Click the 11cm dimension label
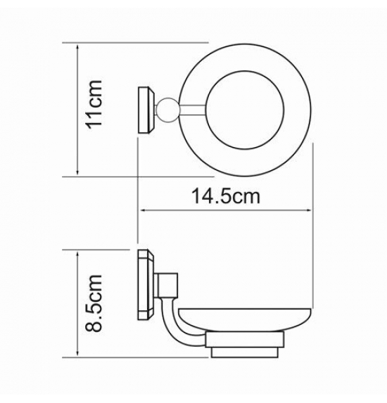click(x=94, y=105)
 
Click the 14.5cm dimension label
click(x=226, y=196)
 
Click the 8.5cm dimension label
click(x=94, y=303)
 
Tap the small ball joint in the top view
click(x=168, y=110)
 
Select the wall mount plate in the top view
click(x=147, y=110)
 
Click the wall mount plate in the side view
click(x=146, y=285)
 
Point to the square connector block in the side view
click(x=167, y=285)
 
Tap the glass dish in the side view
click(x=245, y=319)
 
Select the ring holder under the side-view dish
click(x=245, y=340)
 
